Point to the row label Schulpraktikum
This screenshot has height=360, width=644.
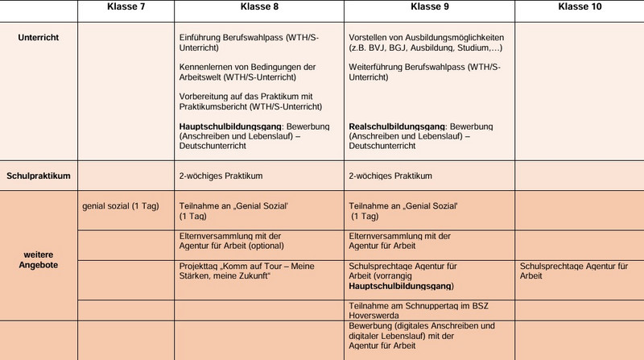pos(39,175)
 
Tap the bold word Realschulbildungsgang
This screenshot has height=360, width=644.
pos(398,127)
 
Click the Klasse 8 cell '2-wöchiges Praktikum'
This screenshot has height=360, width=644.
pos(220,175)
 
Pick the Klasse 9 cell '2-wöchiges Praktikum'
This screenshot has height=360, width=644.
pos(390,175)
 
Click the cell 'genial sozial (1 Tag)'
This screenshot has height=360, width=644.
pos(119,206)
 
